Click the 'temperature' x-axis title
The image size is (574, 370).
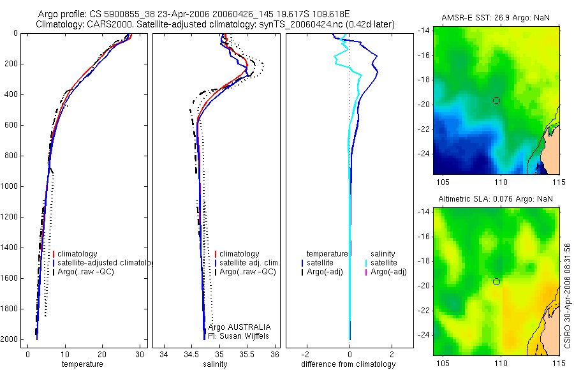point(82,364)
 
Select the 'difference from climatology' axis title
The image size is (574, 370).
point(350,364)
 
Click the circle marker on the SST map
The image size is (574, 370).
point(496,100)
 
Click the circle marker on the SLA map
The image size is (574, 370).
point(496,281)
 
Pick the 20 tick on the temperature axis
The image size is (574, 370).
point(101,355)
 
